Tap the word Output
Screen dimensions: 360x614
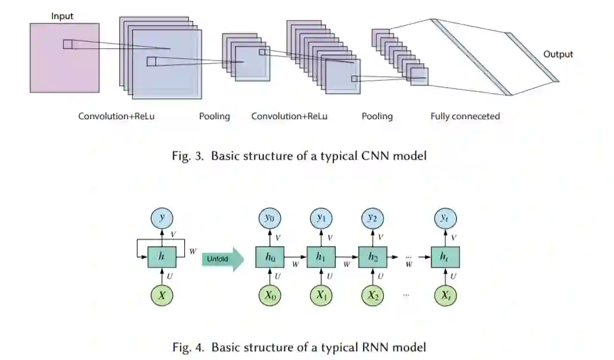[x=558, y=54]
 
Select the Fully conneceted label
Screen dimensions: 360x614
[x=465, y=116]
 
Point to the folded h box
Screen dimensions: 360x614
[x=161, y=257]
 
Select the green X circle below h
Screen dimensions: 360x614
[x=161, y=296]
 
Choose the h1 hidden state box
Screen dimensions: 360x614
[x=321, y=257]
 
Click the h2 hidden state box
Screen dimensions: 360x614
[x=373, y=257]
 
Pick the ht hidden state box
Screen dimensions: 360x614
[x=444, y=257]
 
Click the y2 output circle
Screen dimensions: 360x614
[x=373, y=218]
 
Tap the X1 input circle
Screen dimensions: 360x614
[x=321, y=296]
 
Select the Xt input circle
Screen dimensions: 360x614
[x=444, y=296]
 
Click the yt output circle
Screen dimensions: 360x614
[x=444, y=218]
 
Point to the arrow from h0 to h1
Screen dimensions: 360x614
[x=296, y=257]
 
